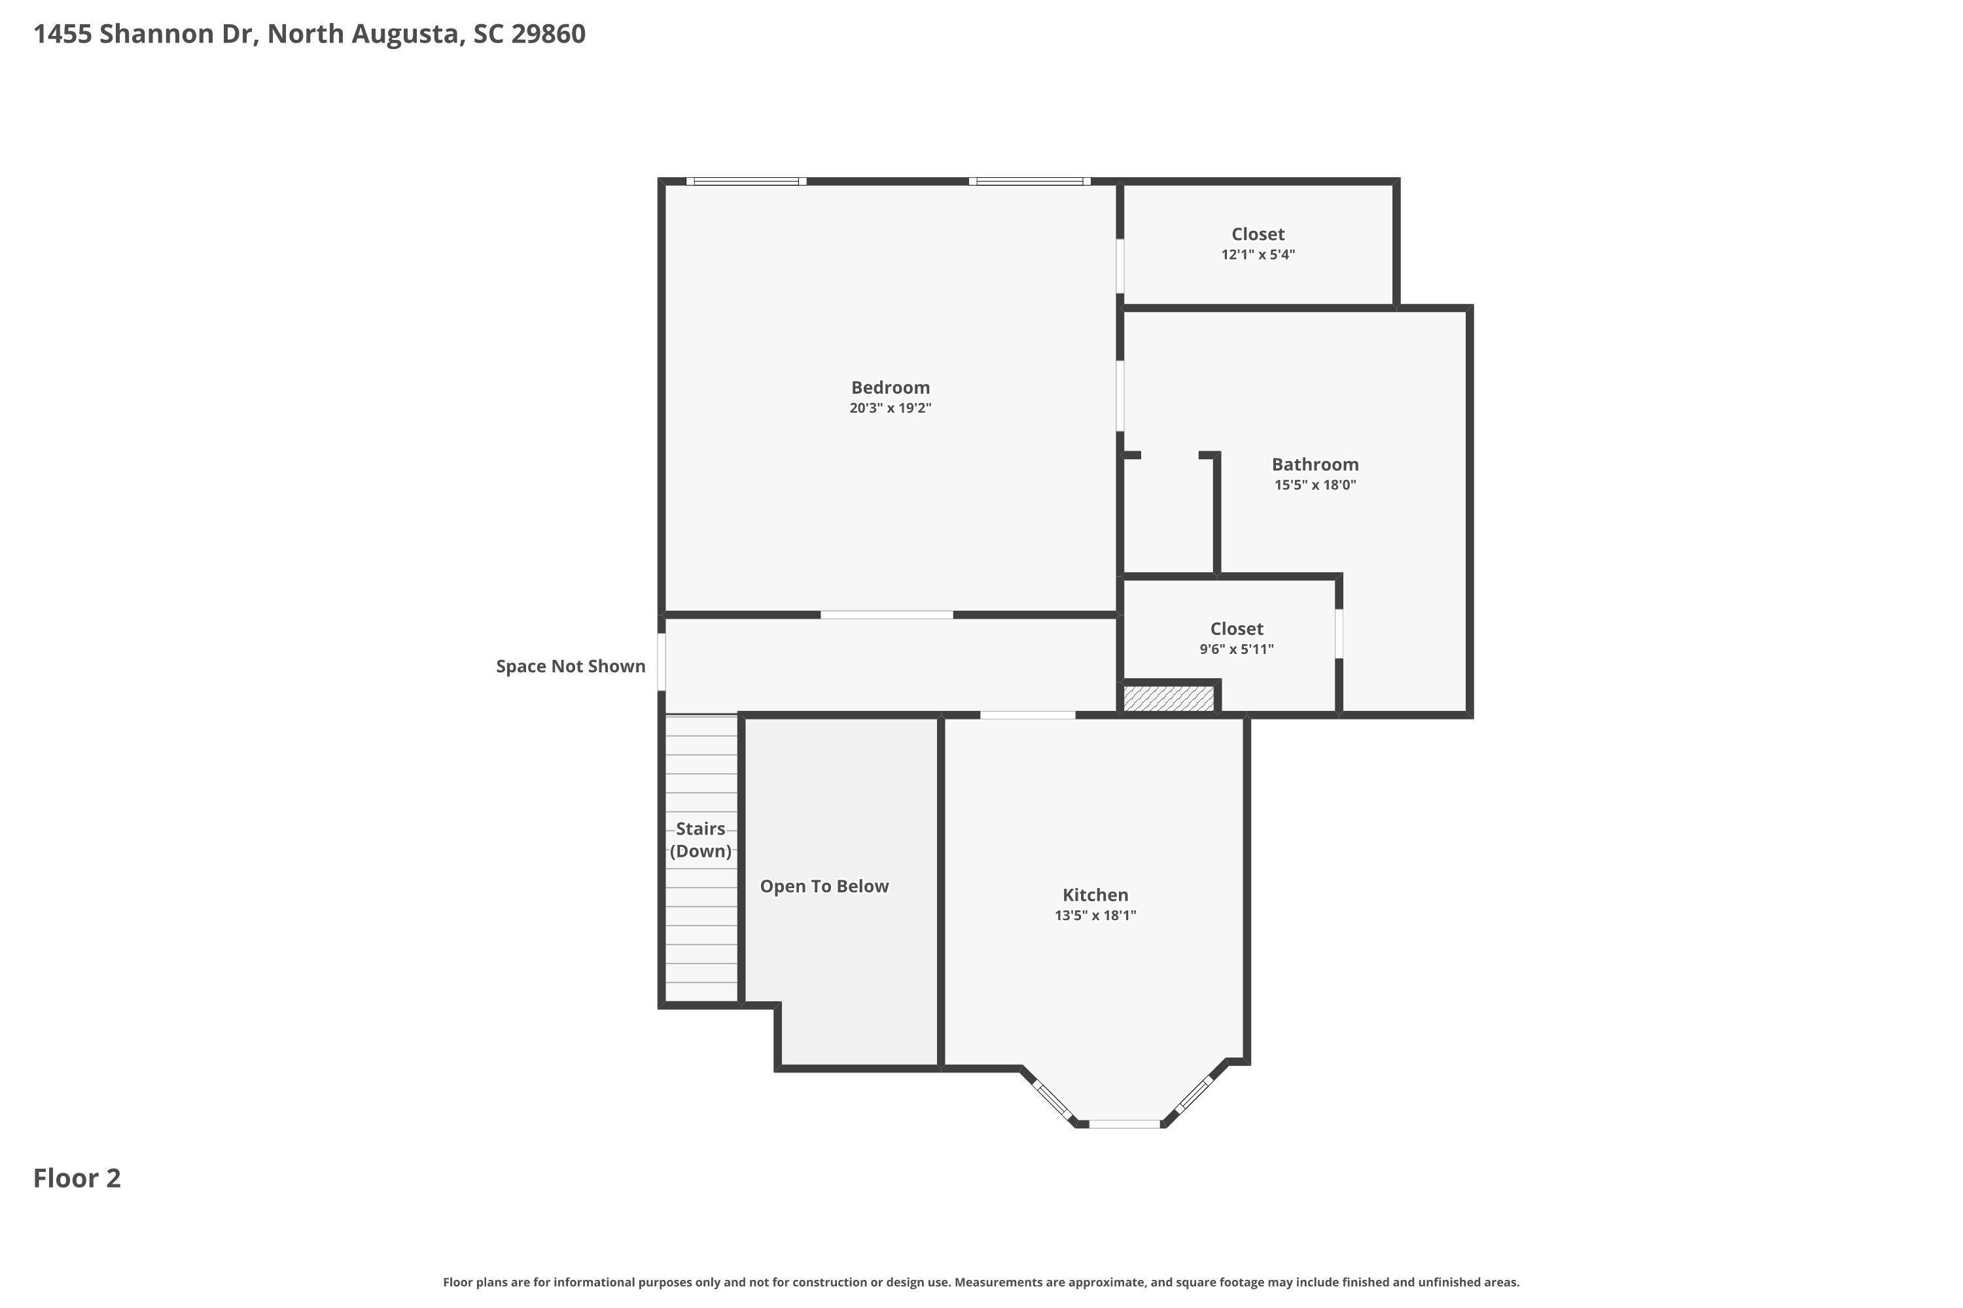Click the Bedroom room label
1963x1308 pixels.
pyautogui.click(x=891, y=387)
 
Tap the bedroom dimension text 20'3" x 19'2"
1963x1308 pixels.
pyautogui.click(x=891, y=408)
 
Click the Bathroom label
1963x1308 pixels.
pyautogui.click(x=1315, y=464)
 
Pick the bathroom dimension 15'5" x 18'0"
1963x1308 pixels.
pyautogui.click(x=1315, y=485)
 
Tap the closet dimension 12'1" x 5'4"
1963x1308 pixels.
pyautogui.click(x=1258, y=254)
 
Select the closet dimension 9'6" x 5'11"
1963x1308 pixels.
pyautogui.click(x=1236, y=649)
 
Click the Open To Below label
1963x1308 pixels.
pyautogui.click(x=824, y=887)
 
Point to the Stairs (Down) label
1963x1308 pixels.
pyautogui.click(x=700, y=839)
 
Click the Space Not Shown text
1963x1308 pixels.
pyautogui.click(x=571, y=666)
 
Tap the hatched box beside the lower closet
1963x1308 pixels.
pyautogui.click(x=1169, y=698)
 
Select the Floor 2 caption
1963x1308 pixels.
pyautogui.click(x=77, y=1178)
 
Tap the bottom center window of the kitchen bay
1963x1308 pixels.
pyautogui.click(x=1124, y=1124)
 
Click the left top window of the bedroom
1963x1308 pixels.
pyautogui.click(x=746, y=181)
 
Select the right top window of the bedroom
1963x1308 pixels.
pyautogui.click(x=1030, y=181)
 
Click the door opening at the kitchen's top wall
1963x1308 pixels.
pyautogui.click(x=1027, y=715)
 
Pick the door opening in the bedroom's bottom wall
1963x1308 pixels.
pyautogui.click(x=887, y=615)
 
